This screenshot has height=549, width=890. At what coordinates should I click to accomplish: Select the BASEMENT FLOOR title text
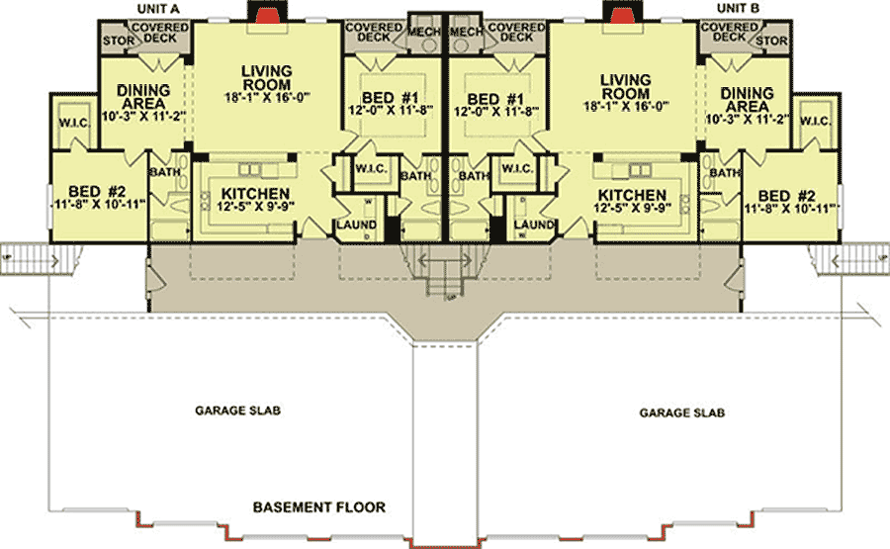pyautogui.click(x=318, y=507)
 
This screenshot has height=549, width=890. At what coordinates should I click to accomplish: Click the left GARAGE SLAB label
pyautogui.click(x=237, y=409)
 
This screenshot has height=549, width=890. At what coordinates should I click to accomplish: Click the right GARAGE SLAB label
pyautogui.click(x=682, y=412)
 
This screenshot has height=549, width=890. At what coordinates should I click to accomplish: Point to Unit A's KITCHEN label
pyautogui.click(x=255, y=194)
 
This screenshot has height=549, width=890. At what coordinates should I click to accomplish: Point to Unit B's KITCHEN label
pyautogui.click(x=632, y=194)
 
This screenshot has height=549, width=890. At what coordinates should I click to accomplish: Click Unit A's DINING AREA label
pyautogui.click(x=143, y=97)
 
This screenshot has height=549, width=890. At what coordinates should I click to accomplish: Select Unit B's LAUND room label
pyautogui.click(x=534, y=225)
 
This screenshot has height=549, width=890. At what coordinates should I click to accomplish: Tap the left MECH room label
pyautogui.click(x=425, y=32)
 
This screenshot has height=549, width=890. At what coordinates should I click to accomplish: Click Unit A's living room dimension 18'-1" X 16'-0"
pyautogui.click(x=266, y=98)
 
